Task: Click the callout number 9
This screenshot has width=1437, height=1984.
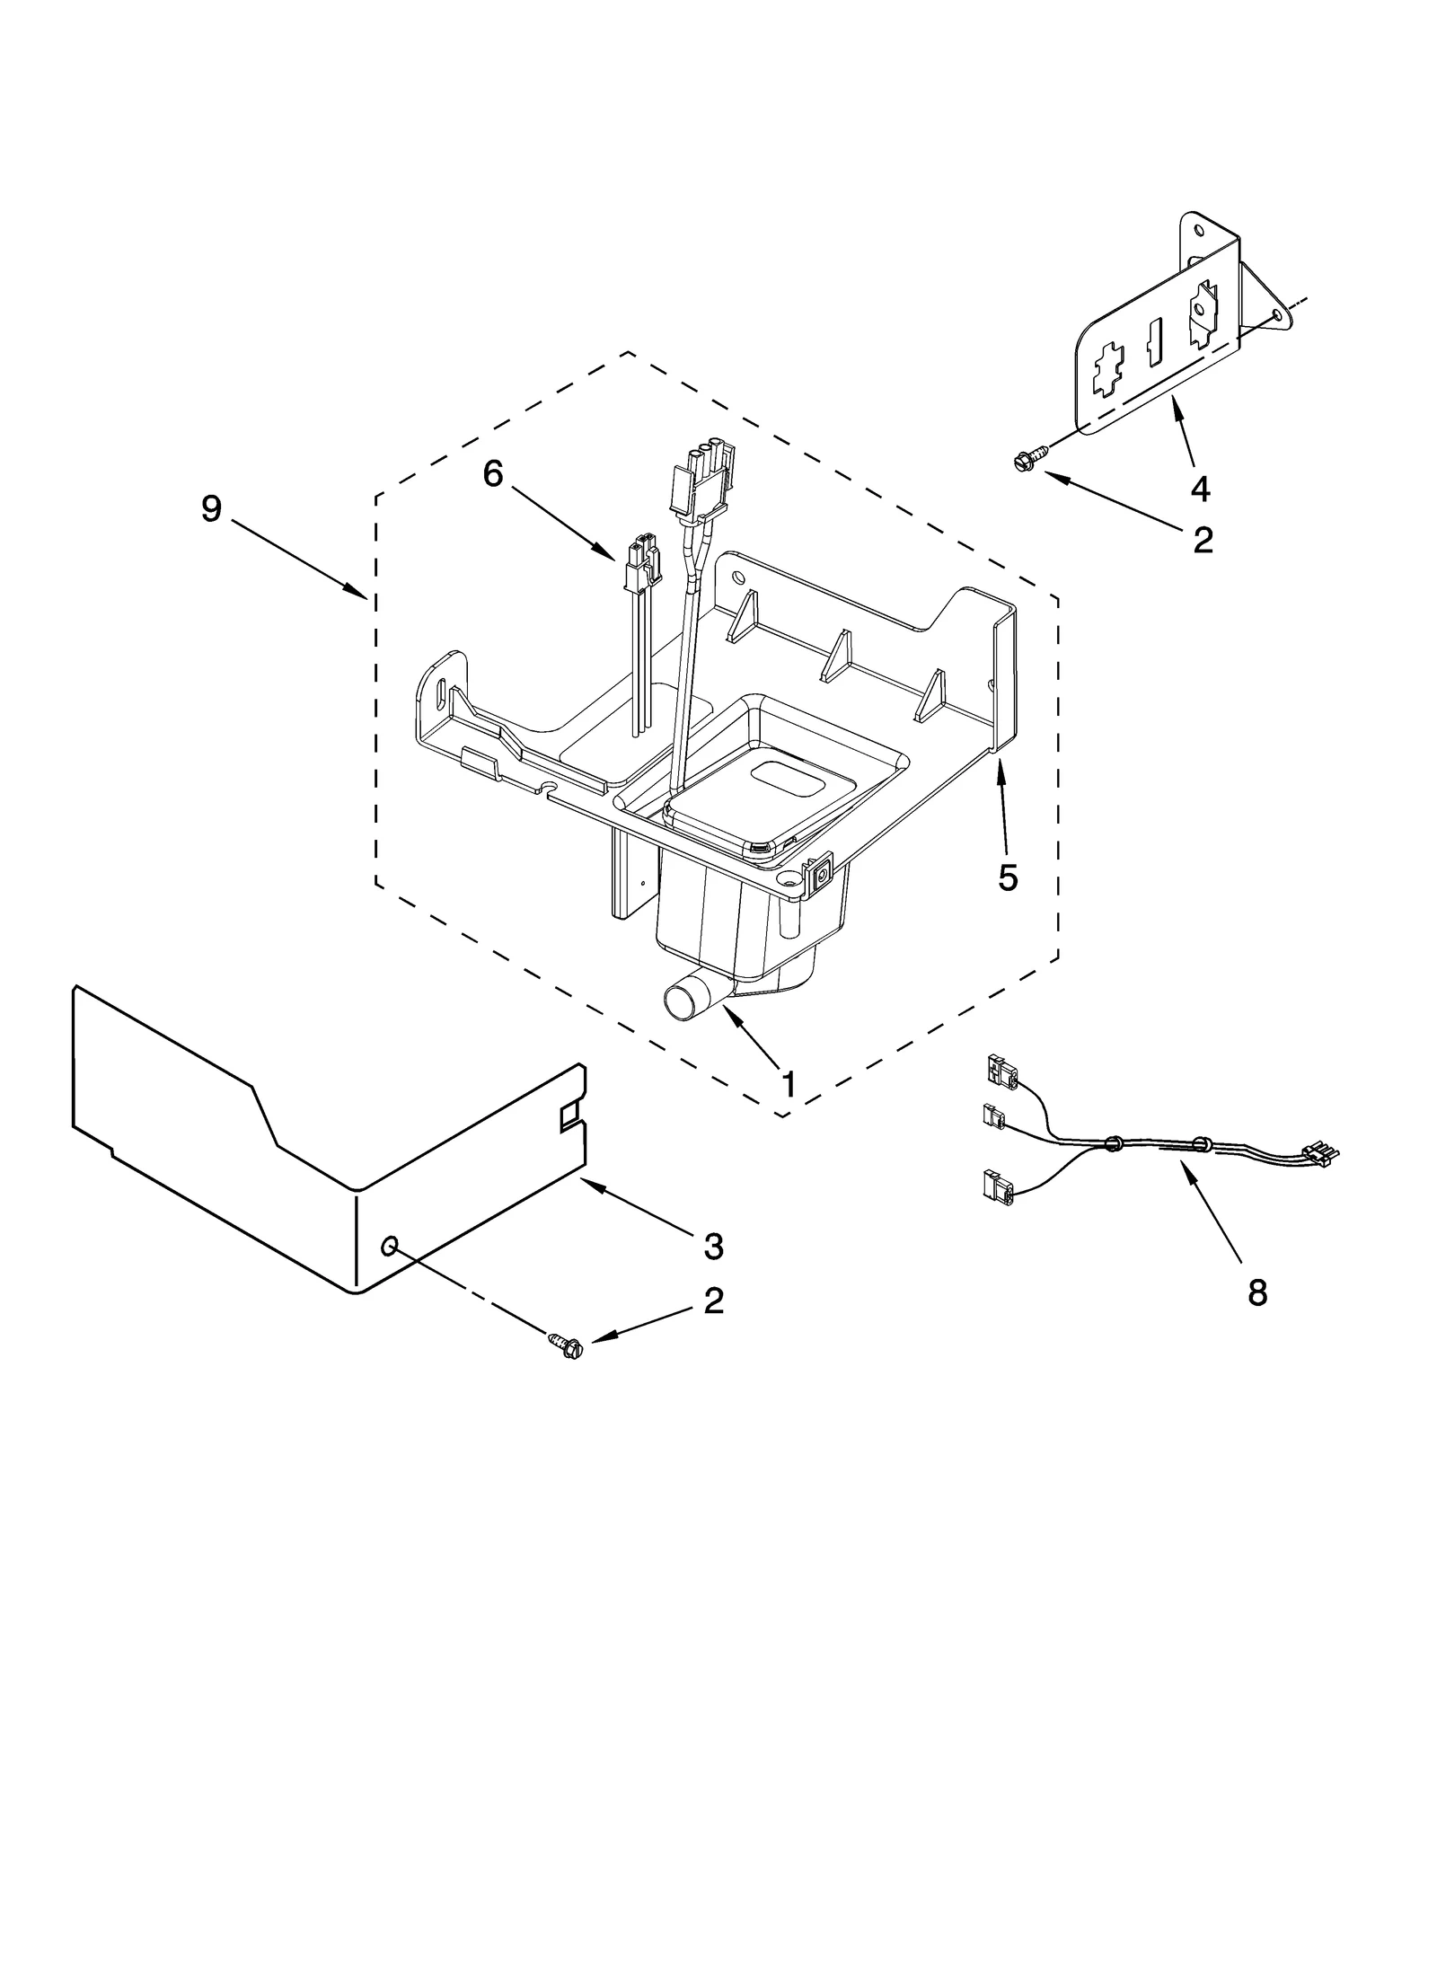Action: pyautogui.click(x=211, y=509)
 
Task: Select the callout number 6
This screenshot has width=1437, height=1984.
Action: pyautogui.click(x=493, y=473)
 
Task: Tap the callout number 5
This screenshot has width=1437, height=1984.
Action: pyautogui.click(x=1008, y=877)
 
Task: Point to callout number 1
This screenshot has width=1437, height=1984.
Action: pyautogui.click(x=788, y=1085)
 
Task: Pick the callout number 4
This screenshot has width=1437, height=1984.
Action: pyautogui.click(x=1200, y=489)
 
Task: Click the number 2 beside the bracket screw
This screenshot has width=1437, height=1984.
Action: pyautogui.click(x=1203, y=539)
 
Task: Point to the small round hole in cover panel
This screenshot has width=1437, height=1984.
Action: pyautogui.click(x=389, y=1245)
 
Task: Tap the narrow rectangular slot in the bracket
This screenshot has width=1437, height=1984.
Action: pyautogui.click(x=1156, y=345)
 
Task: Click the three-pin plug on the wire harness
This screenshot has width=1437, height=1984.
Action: pyautogui.click(x=1320, y=1151)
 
